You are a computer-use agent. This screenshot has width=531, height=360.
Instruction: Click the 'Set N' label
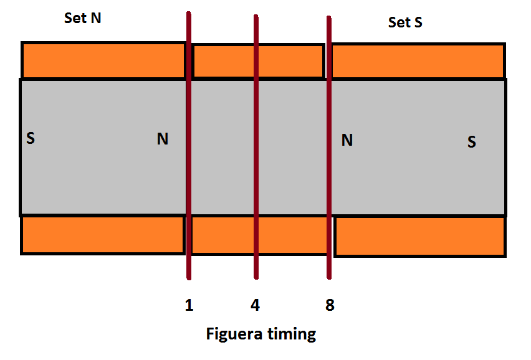[83, 18]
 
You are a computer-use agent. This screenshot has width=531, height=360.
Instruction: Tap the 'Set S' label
[405, 22]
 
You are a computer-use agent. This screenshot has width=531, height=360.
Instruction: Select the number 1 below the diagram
[189, 305]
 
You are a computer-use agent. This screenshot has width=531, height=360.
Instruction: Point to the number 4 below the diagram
[256, 305]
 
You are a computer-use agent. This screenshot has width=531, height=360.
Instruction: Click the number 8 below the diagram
[330, 305]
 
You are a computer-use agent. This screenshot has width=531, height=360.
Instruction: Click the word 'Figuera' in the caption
[234, 334]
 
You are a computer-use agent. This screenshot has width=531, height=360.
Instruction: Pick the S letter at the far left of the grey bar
[31, 138]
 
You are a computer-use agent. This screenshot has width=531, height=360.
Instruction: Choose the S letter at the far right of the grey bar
[471, 142]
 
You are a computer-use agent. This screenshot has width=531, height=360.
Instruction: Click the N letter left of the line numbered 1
[163, 139]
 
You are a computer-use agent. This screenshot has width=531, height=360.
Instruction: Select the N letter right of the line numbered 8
[347, 140]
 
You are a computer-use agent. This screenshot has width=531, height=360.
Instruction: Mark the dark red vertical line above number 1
[189, 146]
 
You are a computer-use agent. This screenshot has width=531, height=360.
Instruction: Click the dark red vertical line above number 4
[256, 147]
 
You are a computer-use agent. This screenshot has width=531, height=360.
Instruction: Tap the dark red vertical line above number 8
[329, 148]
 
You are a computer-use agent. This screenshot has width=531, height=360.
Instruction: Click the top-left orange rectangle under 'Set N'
[103, 60]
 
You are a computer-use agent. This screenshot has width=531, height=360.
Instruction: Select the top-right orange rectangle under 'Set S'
[419, 61]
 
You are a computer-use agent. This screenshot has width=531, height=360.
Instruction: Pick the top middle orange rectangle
[259, 61]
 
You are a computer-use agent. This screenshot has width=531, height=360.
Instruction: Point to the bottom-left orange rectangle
[103, 235]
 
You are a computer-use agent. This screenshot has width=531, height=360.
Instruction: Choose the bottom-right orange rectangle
[420, 236]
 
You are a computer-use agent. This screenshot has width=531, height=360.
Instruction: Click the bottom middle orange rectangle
[259, 235]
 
